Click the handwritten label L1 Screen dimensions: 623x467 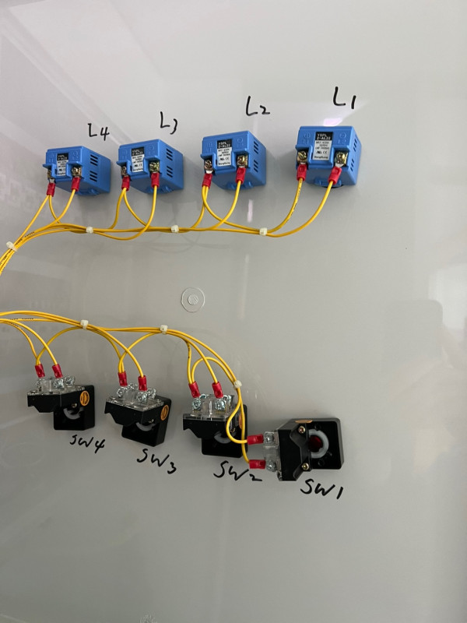[x=343, y=98]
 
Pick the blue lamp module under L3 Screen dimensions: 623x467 [x=148, y=164]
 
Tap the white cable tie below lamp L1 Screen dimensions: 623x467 [x=264, y=231]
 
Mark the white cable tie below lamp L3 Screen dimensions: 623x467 [x=174, y=229]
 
